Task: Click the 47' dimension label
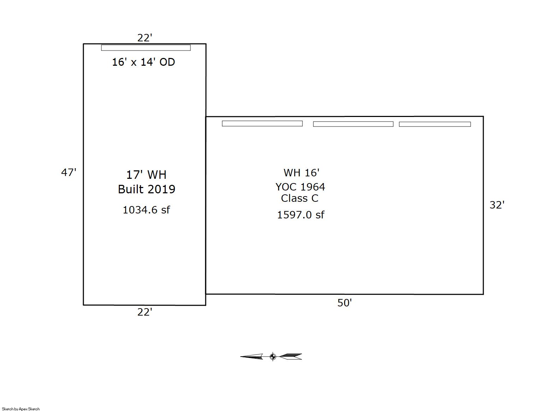tap(69, 172)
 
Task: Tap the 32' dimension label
tap(497, 205)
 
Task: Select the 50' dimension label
tap(344, 303)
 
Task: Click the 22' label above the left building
tap(145, 38)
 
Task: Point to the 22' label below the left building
tap(145, 312)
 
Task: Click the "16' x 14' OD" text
tap(143, 62)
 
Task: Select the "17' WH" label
tap(146, 175)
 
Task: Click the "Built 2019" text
tap(147, 189)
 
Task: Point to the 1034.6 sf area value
tap(146, 210)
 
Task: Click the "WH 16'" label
tap(301, 172)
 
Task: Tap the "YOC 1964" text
tap(300, 187)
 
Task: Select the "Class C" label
tap(300, 198)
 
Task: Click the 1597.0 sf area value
tap(301, 215)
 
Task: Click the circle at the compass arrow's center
tap(273, 357)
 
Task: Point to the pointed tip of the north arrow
tap(241, 357)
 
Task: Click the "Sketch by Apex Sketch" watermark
tap(21, 409)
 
